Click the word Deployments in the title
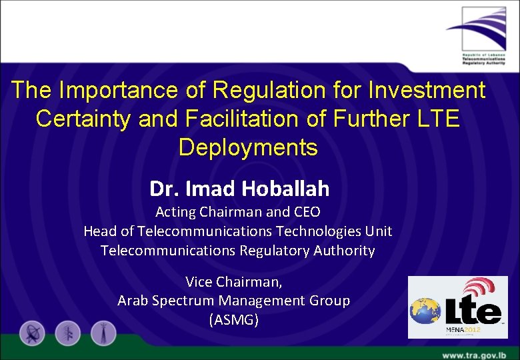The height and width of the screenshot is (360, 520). point(248,147)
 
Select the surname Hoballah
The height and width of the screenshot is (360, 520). point(285,189)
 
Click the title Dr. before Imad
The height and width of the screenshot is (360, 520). point(164,189)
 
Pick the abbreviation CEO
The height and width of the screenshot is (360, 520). point(307,212)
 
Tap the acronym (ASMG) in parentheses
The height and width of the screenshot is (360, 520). point(233,320)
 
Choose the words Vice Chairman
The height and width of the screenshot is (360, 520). point(233,281)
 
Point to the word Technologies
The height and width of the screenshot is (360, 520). point(317,231)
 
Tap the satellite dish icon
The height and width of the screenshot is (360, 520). point(32,333)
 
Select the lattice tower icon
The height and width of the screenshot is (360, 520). point(103,333)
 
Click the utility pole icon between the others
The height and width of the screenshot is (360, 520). point(67,333)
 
